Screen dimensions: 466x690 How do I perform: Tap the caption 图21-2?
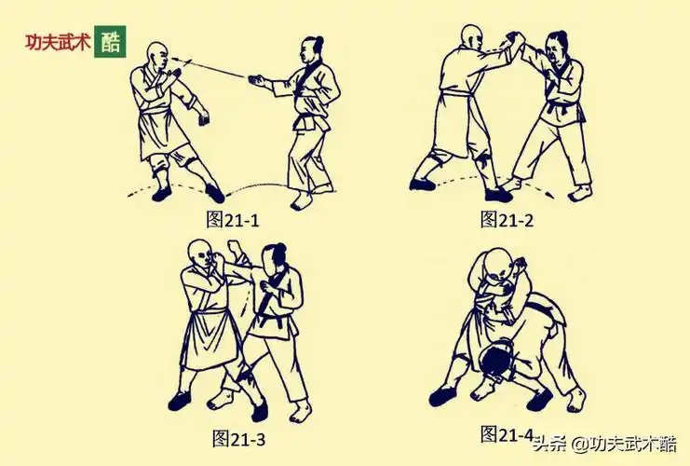tap(507, 219)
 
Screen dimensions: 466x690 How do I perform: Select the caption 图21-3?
tap(239, 437)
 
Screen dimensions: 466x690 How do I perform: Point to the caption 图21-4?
tap(507, 433)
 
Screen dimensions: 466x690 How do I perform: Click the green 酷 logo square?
tap(111, 42)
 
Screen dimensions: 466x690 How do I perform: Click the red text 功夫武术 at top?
tap(58, 43)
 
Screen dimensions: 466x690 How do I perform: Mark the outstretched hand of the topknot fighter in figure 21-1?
tap(257, 82)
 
